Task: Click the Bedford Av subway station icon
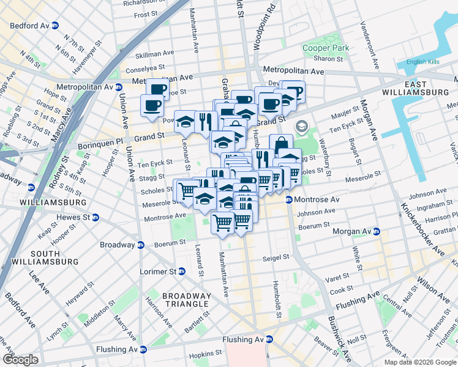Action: tap(55, 26)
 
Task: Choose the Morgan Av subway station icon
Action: tap(377, 232)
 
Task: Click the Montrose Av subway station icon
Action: tap(290, 200)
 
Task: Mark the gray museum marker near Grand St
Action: tap(301, 127)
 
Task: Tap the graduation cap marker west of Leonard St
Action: tap(185, 121)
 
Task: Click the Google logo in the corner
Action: tap(20, 360)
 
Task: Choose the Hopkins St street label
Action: tap(205, 354)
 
